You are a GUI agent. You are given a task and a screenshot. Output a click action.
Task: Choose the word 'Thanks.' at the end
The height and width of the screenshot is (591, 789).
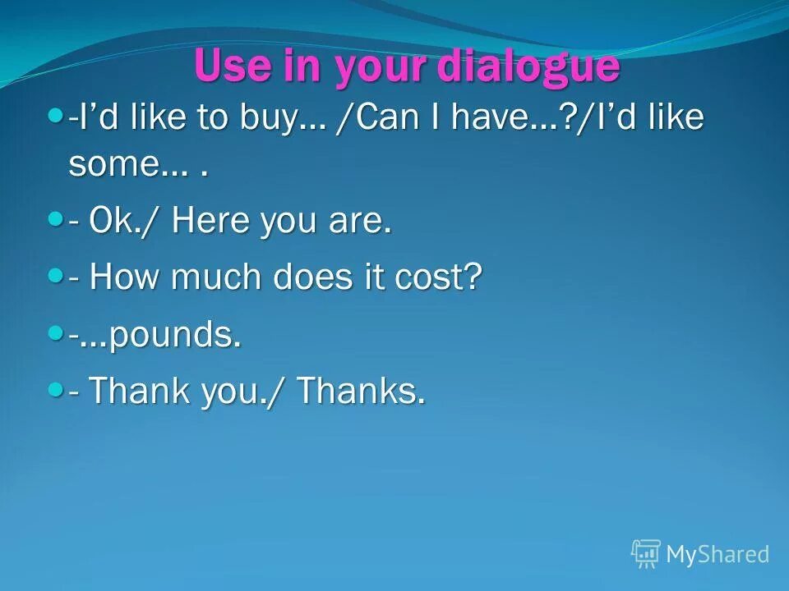(x=362, y=392)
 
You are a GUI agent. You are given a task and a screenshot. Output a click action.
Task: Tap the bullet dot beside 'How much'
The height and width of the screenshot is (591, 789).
(x=56, y=277)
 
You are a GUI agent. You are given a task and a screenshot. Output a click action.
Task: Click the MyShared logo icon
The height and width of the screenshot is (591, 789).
(x=646, y=554)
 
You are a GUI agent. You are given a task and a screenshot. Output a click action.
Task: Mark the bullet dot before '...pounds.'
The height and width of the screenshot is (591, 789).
(x=56, y=332)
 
